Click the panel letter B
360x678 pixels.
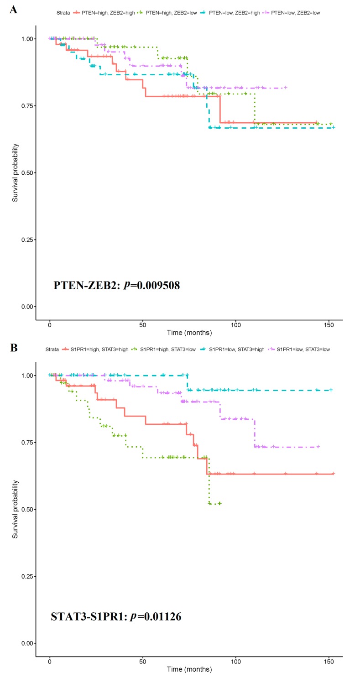(x=14, y=348)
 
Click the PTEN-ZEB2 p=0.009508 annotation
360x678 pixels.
(x=117, y=286)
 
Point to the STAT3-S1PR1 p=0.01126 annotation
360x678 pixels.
(x=116, y=617)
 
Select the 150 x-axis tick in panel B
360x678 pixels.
(x=329, y=660)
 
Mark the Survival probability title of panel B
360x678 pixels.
(x=16, y=509)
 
